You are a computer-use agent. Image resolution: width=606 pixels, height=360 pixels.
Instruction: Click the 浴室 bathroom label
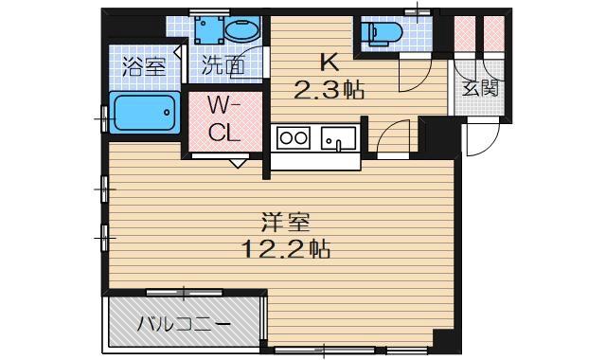[x=144, y=66]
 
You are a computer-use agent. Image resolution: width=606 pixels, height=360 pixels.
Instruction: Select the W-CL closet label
[x=224, y=119]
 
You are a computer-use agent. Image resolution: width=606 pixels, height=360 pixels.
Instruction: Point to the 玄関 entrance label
[x=480, y=88]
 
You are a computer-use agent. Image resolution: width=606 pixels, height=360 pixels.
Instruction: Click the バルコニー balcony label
[x=184, y=324]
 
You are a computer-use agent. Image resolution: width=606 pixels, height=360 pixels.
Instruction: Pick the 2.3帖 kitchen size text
[x=329, y=90]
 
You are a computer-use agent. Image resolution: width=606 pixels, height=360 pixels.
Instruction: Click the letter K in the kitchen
[x=330, y=62]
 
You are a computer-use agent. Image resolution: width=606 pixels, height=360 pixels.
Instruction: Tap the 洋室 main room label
[x=286, y=223]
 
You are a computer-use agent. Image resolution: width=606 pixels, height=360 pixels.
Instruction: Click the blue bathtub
[x=145, y=113]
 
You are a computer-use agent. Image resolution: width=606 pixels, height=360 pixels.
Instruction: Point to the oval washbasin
[x=242, y=29]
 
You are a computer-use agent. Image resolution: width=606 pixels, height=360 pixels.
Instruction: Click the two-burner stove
[x=294, y=137]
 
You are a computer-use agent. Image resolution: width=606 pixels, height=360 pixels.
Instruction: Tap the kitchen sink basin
[x=338, y=138]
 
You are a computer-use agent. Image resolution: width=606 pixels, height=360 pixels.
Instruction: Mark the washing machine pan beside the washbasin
[x=209, y=29]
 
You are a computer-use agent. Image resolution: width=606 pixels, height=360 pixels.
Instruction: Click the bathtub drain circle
[x=167, y=113]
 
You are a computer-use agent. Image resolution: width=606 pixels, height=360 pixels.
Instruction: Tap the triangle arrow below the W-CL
[x=238, y=163]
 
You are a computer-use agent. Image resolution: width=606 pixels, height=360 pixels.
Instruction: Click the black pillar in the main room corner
[x=444, y=341]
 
